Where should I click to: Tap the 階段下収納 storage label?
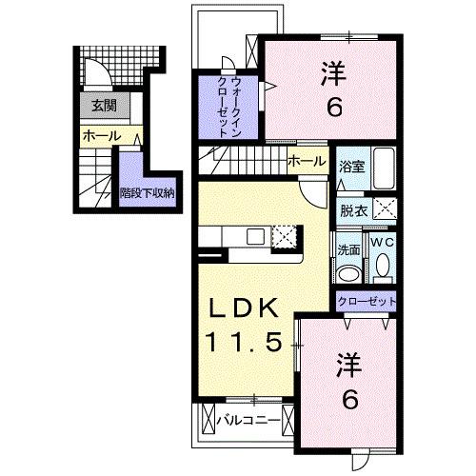pyautogui.click(x=147, y=193)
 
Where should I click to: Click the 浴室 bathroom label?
pyautogui.click(x=351, y=167)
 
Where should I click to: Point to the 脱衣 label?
pyautogui.click(x=353, y=211)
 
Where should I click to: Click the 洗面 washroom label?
pyautogui.click(x=348, y=250)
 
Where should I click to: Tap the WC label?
pyautogui.click(x=382, y=243)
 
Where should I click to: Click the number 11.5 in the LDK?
pyautogui.click(x=244, y=341)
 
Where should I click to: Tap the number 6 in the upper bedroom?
pyautogui.click(x=335, y=107)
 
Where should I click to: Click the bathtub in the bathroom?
pyautogui.click(x=385, y=170)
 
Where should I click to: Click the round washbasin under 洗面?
pyautogui.click(x=349, y=273)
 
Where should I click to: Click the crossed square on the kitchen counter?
pyautogui.click(x=286, y=236)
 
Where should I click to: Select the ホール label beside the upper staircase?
pyautogui.click(x=306, y=161)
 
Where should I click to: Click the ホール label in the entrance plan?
pyautogui.click(x=101, y=136)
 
